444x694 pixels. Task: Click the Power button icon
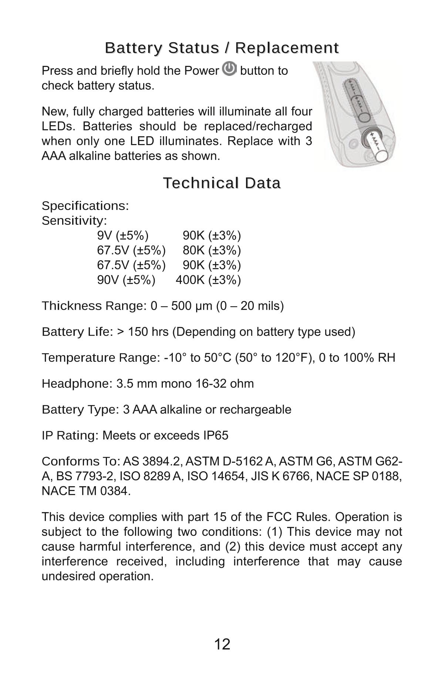point(230,69)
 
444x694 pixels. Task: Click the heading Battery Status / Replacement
point(222,48)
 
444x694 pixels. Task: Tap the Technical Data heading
point(222,183)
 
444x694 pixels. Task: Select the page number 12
point(222,644)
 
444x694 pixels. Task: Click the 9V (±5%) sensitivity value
point(123,236)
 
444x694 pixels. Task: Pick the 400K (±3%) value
point(208,280)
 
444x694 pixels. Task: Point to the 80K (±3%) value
point(212,250)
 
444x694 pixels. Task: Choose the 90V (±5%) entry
point(126,280)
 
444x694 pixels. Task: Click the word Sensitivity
point(74,221)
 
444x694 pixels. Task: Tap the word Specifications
point(85,206)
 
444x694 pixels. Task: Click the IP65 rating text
point(216,436)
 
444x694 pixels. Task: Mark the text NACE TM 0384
point(85,491)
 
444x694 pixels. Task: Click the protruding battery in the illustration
point(376,147)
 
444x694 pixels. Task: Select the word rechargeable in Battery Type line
point(255,410)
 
